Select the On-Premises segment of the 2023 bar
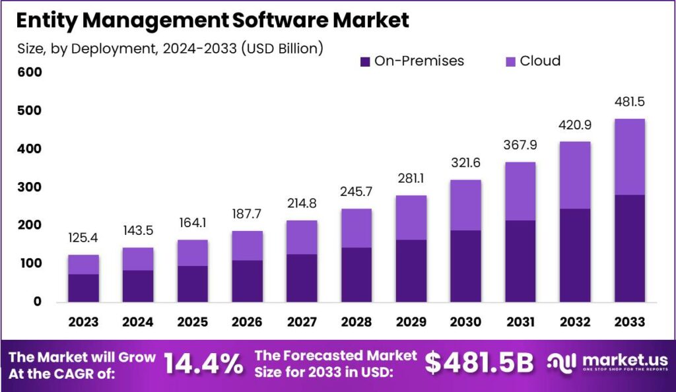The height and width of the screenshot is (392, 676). point(83,288)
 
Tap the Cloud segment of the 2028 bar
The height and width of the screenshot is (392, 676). point(356,228)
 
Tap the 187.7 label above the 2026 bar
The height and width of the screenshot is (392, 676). point(247,216)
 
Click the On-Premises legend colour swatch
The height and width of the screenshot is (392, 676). point(365,61)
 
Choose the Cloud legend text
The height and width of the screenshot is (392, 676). point(540,61)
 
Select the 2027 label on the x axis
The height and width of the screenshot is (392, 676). point(301,322)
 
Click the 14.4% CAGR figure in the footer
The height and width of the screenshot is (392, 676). point(203,364)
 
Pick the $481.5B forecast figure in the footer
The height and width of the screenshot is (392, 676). point(479,364)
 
